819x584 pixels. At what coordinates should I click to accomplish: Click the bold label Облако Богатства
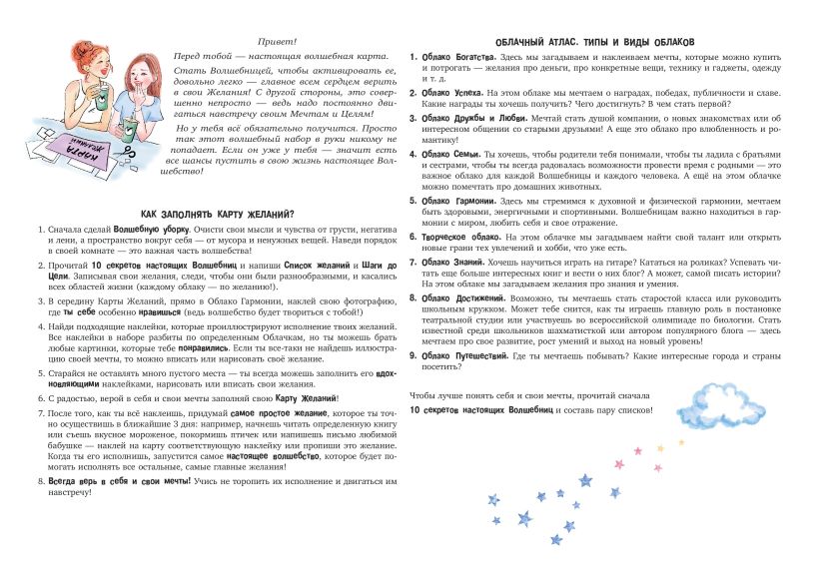coord(460,57)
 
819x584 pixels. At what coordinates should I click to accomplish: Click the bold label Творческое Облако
coord(459,236)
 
